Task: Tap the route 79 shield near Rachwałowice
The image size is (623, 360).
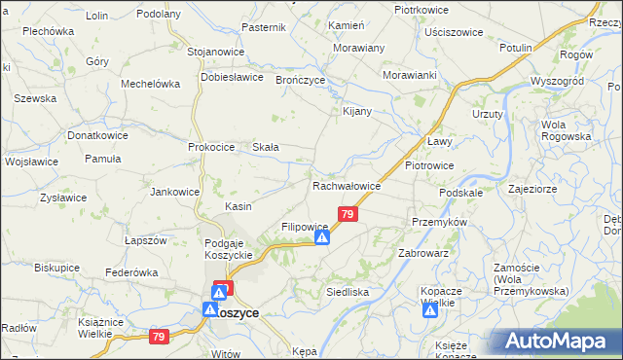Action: [348, 214]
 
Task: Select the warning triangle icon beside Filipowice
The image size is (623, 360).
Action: [322, 236]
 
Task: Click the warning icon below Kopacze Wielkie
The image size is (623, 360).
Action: [430, 313]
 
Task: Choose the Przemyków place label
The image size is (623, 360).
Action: [440, 222]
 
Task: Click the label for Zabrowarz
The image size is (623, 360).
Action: [422, 253]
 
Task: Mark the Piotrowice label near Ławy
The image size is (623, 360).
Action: [429, 165]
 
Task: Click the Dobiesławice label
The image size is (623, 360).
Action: [233, 77]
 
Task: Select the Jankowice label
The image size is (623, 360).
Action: [175, 192]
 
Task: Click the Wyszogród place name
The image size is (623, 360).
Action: [556, 81]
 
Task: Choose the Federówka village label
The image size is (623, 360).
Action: [131, 272]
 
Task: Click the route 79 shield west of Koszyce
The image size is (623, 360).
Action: [159, 337]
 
